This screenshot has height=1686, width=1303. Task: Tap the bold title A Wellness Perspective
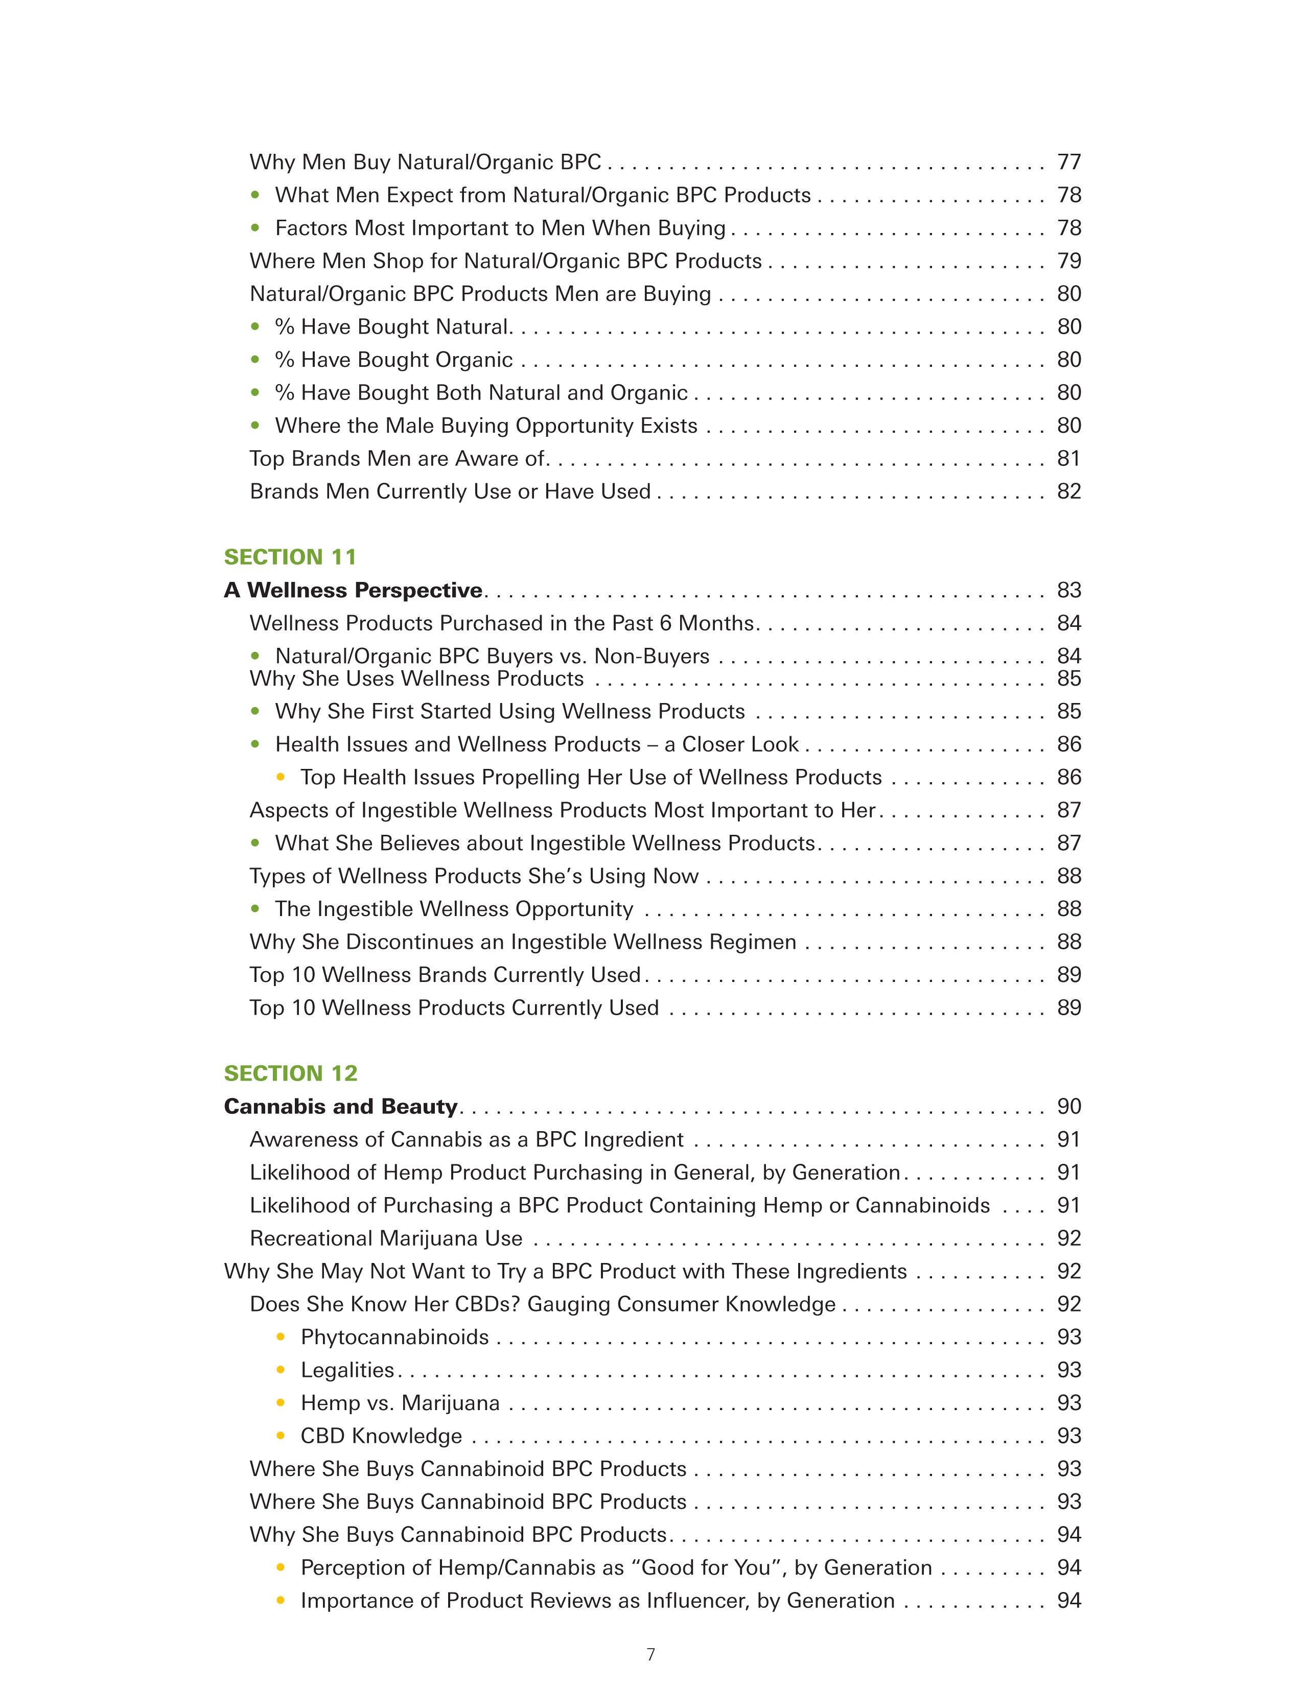[353, 591]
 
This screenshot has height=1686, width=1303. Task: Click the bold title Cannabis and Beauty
[340, 1107]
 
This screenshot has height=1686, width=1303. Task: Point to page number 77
[1069, 162]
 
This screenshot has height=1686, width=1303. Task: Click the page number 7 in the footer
[650, 1654]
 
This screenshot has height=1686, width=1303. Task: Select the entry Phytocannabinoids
[394, 1337]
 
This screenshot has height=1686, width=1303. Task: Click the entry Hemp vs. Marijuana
[400, 1402]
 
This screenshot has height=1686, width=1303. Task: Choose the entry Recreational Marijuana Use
[386, 1238]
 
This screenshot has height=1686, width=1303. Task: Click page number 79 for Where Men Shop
[1069, 261]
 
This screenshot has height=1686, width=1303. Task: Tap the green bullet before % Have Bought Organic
[255, 360]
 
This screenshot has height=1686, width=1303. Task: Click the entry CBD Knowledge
[381, 1436]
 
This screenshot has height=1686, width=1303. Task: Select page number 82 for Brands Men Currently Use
[1069, 491]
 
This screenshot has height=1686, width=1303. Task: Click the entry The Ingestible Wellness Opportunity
[454, 909]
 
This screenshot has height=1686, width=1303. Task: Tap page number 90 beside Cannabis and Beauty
[1069, 1107]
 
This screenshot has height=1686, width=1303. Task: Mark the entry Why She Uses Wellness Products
[417, 678]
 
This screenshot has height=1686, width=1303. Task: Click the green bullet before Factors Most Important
[255, 228]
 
